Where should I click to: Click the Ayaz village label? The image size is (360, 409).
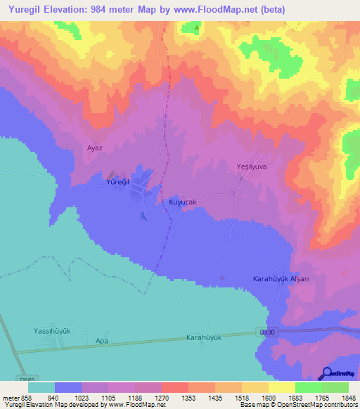[x=95, y=148]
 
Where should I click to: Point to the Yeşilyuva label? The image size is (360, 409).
[x=252, y=167]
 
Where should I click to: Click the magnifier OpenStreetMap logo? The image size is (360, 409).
[x=326, y=373]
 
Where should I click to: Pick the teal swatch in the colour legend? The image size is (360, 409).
[x=41, y=387]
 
